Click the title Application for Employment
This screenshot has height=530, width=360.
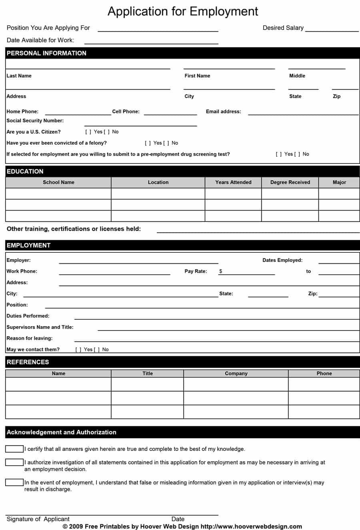click(183, 11)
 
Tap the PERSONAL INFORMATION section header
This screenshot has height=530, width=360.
click(46, 53)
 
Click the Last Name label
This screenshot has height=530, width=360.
click(19, 76)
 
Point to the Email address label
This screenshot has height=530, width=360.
click(223, 112)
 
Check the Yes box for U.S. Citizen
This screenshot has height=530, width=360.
click(88, 132)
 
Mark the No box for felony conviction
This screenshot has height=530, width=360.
click(166, 143)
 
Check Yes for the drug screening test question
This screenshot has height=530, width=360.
click(279, 154)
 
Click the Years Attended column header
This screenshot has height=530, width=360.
click(233, 182)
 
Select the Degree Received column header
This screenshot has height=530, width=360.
click(290, 182)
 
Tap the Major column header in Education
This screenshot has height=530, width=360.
click(339, 182)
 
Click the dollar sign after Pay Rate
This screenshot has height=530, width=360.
click(221, 271)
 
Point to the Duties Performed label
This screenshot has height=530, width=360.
click(28, 316)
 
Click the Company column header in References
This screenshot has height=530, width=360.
click(236, 373)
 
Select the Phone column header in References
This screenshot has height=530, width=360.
click(324, 373)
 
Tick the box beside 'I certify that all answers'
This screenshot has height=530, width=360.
click(14, 449)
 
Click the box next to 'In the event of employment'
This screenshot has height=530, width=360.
click(14, 482)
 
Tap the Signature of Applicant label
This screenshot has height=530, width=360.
click(38, 519)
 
